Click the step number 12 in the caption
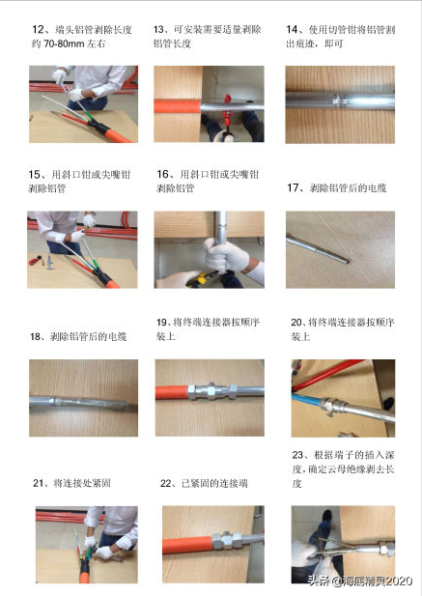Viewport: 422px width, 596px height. click(x=39, y=30)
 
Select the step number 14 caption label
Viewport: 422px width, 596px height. click(x=292, y=29)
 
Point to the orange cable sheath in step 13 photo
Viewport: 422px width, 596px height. click(x=178, y=106)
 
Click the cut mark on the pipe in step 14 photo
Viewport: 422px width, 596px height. click(x=338, y=101)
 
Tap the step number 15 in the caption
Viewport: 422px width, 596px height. click(x=35, y=175)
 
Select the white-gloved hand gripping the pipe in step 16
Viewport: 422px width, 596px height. click(x=225, y=254)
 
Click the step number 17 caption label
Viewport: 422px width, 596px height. click(x=293, y=187)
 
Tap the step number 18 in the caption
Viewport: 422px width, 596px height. click(x=36, y=337)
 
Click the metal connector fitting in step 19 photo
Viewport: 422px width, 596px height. click(x=212, y=391)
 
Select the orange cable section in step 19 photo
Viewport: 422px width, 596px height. click(x=172, y=392)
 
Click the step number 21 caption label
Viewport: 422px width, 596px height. click(x=39, y=483)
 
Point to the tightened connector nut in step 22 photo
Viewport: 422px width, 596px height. click(x=227, y=541)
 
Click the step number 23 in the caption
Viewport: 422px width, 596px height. click(x=297, y=455)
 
